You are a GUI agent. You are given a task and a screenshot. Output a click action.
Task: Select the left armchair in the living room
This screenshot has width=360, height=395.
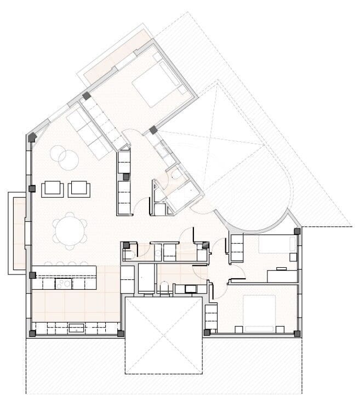click(x=53, y=189)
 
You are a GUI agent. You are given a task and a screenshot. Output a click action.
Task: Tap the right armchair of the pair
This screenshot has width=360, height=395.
click(x=79, y=189)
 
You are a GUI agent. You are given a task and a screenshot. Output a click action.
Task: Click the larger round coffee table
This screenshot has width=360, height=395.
click(x=69, y=160)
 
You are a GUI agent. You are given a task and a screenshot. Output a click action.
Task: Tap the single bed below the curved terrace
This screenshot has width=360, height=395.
click(x=276, y=244)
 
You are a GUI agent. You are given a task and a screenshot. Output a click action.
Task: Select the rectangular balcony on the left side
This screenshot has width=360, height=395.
click(x=16, y=233)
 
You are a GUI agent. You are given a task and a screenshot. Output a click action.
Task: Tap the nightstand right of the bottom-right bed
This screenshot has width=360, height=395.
click(x=279, y=329)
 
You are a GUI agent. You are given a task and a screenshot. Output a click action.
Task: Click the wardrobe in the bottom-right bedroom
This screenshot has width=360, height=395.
click(x=211, y=316)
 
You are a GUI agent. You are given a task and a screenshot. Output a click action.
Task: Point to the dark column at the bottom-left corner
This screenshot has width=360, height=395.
click(x=32, y=333)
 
